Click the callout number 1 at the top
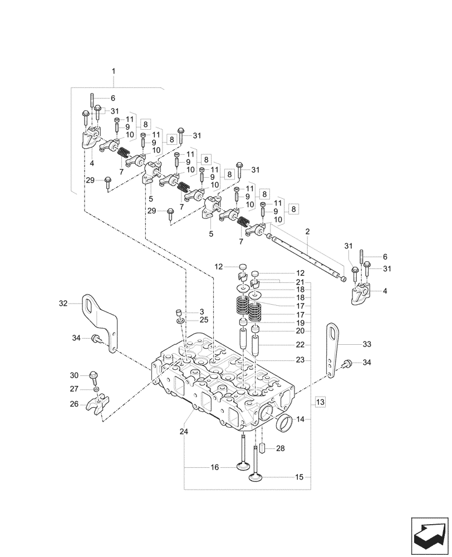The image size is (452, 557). click(x=114, y=71)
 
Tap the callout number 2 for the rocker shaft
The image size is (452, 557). click(x=307, y=231)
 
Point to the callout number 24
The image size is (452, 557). click(x=184, y=431)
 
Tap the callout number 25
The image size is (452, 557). click(x=189, y=320)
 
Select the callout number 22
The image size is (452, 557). click(x=301, y=345)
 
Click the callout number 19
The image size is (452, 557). click(x=301, y=323)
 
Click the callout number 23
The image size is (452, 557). click(x=301, y=360)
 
